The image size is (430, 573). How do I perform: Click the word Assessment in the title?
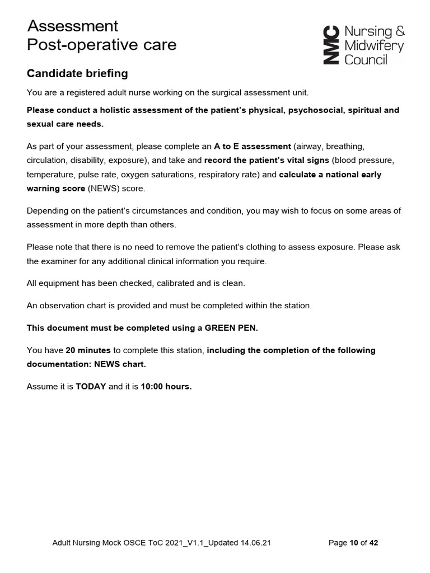73,26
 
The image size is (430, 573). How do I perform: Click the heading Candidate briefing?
77,73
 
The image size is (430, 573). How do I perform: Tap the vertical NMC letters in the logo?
331,45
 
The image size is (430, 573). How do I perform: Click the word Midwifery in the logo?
374,45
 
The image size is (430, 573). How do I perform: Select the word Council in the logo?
366,59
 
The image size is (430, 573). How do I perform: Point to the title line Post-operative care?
101,45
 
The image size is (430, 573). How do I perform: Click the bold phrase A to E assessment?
253,147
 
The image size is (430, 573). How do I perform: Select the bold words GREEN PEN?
231,328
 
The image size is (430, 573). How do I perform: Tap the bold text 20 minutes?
88,350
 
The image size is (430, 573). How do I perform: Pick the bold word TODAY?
91,386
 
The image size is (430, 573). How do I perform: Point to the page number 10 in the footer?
353,542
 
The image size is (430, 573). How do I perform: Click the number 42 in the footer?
373,542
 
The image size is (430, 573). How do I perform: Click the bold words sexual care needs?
65,124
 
